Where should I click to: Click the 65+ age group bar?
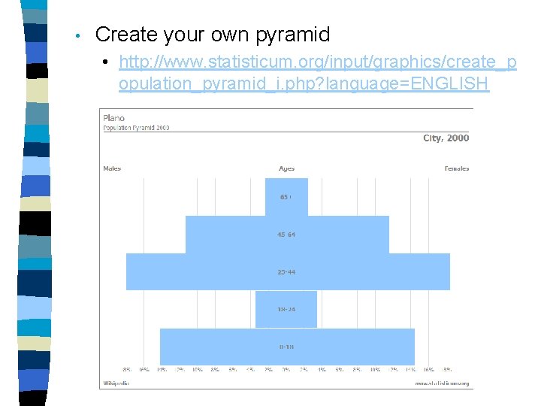click(286, 197)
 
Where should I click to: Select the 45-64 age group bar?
click(286, 235)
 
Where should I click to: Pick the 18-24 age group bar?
click(286, 309)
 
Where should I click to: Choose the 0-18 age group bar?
click(286, 347)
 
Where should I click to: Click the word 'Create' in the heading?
click(126, 35)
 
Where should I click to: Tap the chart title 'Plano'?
click(114, 118)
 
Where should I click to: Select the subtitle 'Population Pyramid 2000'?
click(136, 128)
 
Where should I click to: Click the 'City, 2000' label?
click(446, 138)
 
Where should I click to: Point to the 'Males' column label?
click(112, 168)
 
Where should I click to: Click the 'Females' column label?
click(456, 168)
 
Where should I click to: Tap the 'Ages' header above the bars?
click(286, 168)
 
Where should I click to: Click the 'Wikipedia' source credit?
click(116, 383)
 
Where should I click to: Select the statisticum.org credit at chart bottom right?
click(442, 383)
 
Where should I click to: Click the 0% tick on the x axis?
click(286, 370)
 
